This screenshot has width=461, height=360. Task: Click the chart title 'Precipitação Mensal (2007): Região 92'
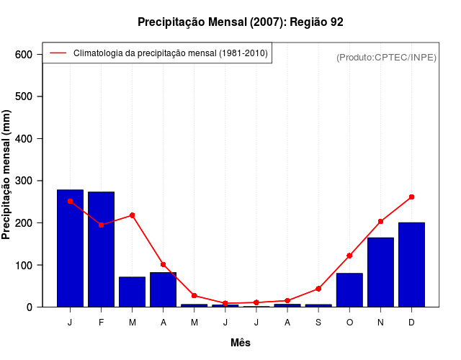(x=240, y=22)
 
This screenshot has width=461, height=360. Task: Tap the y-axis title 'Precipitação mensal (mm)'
(x=6, y=175)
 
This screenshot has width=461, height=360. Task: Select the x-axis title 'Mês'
(x=241, y=343)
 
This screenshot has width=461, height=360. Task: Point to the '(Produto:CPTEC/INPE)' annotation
(x=387, y=57)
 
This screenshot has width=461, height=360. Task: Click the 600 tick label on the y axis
(x=24, y=55)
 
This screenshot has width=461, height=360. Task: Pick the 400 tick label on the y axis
(x=24, y=139)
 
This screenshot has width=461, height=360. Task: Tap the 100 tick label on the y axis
(x=24, y=266)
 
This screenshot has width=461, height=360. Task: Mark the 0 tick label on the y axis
(x=30, y=307)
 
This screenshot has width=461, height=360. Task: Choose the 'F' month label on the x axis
(x=101, y=323)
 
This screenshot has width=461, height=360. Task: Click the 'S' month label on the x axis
(x=318, y=323)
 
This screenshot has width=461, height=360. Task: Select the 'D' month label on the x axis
(x=411, y=323)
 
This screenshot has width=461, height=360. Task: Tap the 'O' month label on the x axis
(x=349, y=323)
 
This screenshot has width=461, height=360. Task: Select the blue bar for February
(x=101, y=249)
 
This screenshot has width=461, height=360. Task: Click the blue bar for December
(x=411, y=265)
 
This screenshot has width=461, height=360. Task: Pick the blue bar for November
(x=380, y=272)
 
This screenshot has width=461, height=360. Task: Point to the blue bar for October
(x=349, y=290)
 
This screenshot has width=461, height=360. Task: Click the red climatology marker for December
(x=411, y=197)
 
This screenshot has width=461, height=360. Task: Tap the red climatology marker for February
(x=101, y=225)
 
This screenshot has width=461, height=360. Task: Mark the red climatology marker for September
(x=318, y=289)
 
